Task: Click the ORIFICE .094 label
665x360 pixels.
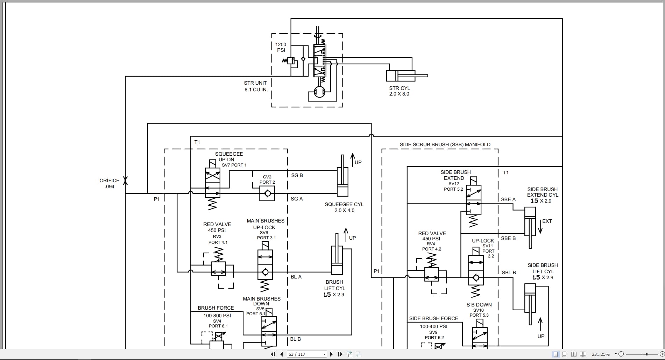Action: click(x=109, y=183)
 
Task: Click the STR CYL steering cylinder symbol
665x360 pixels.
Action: click(x=406, y=76)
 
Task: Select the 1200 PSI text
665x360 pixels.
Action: click(x=281, y=47)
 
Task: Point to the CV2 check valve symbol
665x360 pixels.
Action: click(x=267, y=193)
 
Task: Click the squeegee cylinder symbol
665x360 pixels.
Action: click(x=342, y=182)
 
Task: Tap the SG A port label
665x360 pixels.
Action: click(x=297, y=199)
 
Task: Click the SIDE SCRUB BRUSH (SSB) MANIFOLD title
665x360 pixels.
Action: click(x=445, y=144)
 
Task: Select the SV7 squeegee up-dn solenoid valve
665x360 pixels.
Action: click(x=212, y=183)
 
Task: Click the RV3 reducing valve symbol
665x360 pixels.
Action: click(x=218, y=269)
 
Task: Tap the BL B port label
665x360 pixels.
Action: click(x=295, y=339)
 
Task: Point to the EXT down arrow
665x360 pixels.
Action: click(x=540, y=227)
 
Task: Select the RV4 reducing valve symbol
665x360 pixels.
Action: click(x=431, y=274)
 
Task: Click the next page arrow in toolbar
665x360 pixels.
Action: click(x=331, y=354)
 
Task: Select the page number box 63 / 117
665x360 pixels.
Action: click(x=306, y=354)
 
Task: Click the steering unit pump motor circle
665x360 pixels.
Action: click(x=319, y=92)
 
